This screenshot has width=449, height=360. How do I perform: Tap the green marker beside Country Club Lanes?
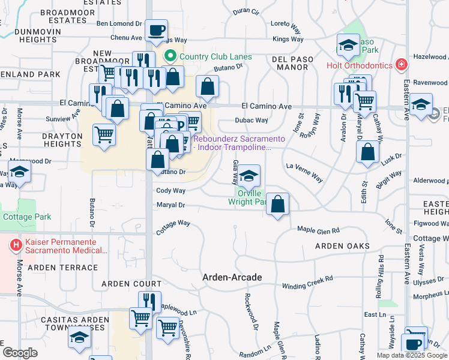point(170,57)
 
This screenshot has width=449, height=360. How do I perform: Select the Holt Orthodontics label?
point(358,65)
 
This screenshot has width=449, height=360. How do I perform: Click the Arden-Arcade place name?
point(232,277)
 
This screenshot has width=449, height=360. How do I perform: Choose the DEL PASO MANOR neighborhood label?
point(294,59)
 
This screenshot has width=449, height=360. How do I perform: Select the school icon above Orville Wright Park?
point(249,176)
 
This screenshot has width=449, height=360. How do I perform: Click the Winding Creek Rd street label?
point(307,282)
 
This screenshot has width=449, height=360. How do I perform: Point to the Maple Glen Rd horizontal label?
point(319,230)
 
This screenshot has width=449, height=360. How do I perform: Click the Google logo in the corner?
point(20,353)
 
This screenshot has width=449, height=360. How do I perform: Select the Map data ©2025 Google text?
point(411,355)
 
